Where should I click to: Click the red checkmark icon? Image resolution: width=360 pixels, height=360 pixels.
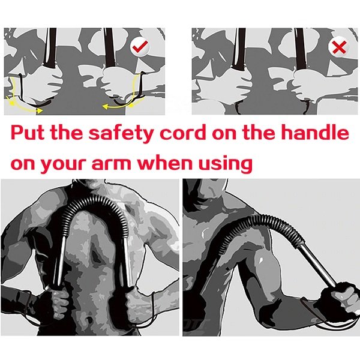coord(140,46)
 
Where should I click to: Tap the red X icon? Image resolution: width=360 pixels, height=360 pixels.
coord(340,47)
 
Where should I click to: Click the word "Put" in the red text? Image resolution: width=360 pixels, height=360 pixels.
coord(28,133)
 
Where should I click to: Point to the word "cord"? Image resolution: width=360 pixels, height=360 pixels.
coord(184,133)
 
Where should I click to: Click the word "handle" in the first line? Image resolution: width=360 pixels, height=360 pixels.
coord(315,133)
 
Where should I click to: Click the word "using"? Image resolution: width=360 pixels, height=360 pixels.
coord(226,164)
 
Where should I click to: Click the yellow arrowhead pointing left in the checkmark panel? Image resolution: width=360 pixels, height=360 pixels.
coord(106,107)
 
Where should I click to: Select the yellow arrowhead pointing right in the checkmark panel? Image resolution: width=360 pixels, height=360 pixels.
coord(40,111)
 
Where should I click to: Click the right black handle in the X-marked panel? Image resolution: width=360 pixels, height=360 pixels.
coord(300,49)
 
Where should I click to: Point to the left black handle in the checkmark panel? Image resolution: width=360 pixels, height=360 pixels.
coord(50,48)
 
